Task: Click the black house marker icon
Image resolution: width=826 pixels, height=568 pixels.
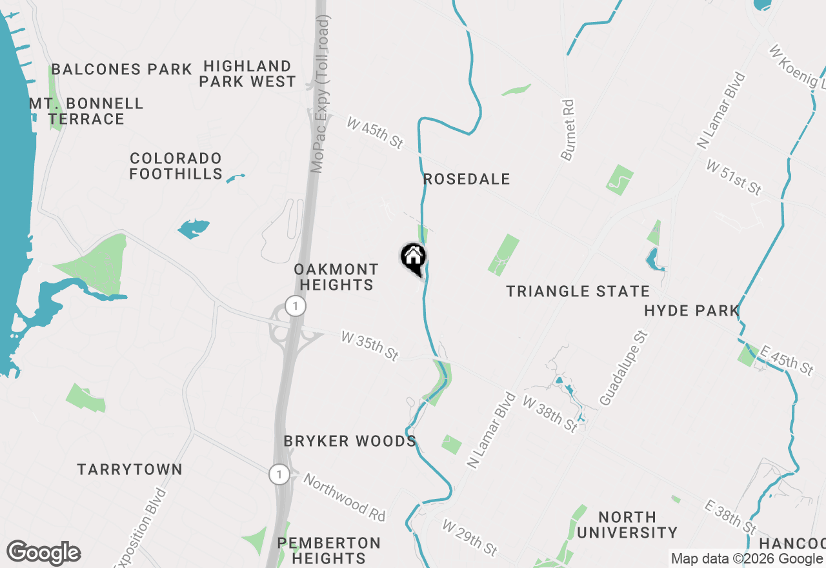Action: [x=413, y=258]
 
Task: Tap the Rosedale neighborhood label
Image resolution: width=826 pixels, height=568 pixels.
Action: [x=467, y=179]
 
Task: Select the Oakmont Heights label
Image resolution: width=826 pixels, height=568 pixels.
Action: [x=336, y=278]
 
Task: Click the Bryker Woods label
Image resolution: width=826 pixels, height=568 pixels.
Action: [x=350, y=441]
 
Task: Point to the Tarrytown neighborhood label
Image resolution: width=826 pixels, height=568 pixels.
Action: [x=130, y=470]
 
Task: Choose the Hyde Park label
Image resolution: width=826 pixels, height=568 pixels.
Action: [x=691, y=311]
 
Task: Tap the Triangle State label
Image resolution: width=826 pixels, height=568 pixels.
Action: [x=578, y=292]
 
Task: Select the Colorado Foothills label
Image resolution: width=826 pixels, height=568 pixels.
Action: [x=176, y=167]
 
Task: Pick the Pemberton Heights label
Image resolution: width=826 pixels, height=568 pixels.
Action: [x=329, y=551]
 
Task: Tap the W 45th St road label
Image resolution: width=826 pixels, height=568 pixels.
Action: [x=374, y=133]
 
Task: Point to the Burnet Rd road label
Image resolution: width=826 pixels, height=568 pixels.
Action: [x=567, y=130]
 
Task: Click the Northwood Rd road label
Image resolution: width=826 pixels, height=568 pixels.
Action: [x=344, y=498]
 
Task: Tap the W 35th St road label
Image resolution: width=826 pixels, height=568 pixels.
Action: [x=369, y=346]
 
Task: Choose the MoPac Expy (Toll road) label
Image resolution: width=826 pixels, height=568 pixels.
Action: [x=319, y=94]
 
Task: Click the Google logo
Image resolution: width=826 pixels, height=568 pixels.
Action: [x=43, y=553]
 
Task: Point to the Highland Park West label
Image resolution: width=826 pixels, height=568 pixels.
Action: [x=247, y=74]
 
